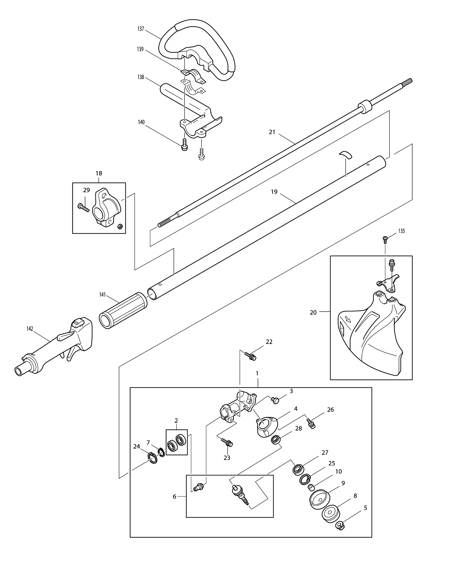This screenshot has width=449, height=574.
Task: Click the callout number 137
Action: (141, 29)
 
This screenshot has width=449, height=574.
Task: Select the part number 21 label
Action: (272, 132)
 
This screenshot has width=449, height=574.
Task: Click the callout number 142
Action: (30, 328)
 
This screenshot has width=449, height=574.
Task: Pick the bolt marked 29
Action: (84, 207)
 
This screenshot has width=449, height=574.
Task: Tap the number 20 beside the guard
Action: (313, 313)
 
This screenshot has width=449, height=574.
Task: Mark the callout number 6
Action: (174, 496)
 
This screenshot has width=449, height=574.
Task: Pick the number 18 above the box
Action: (99, 173)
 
